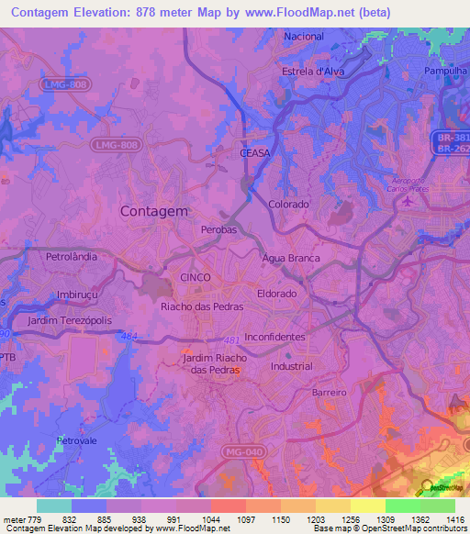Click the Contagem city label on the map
click(x=154, y=210)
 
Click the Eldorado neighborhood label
click(x=276, y=294)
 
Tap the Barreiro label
click(x=329, y=392)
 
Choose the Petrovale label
click(x=77, y=440)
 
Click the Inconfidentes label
click(x=274, y=337)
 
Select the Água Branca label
click(x=291, y=259)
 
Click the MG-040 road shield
click(x=241, y=451)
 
